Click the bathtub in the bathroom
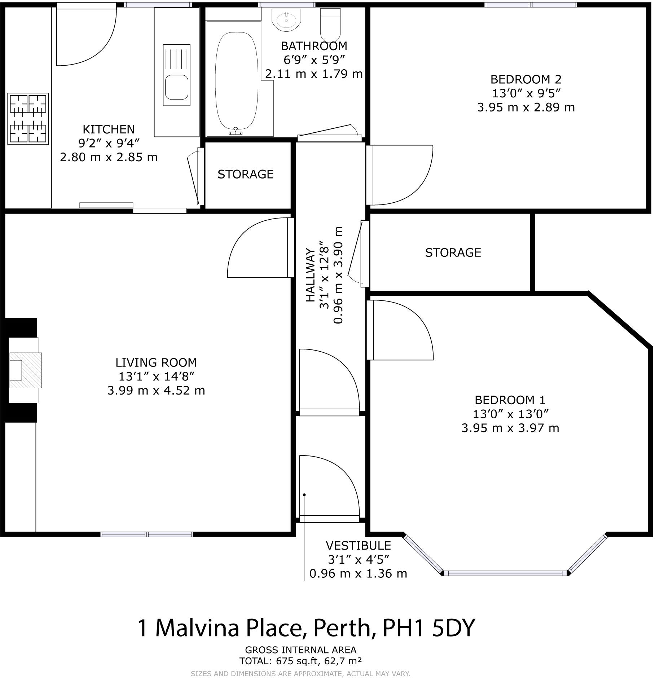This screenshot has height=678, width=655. (237, 81)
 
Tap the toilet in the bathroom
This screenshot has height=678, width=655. (330, 25)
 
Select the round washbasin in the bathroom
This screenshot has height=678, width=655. (286, 19)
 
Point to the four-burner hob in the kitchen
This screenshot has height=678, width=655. (28, 119)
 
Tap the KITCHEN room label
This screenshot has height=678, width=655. (109, 129)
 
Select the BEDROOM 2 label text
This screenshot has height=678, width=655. (526, 79)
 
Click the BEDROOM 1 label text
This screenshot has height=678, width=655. (510, 400)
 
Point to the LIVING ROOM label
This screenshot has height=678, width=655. (156, 362)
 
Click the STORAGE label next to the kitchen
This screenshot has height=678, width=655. (246, 174)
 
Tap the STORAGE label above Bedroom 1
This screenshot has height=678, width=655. (453, 252)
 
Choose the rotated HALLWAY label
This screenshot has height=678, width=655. (310, 275)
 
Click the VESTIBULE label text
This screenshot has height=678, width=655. (358, 545)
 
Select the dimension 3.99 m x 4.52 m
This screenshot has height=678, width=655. (156, 390)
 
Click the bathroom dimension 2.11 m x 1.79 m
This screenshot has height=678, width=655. (314, 74)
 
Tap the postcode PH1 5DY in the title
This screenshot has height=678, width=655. (428, 628)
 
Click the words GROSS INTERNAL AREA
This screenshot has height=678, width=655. (301, 650)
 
